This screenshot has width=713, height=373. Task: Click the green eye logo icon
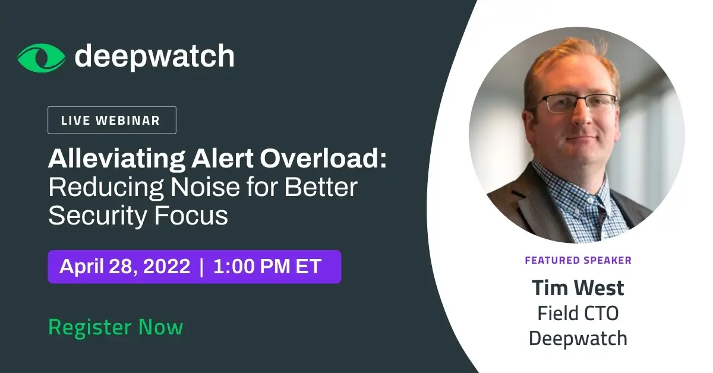tap(42, 58)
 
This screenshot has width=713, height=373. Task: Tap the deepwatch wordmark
tap(154, 56)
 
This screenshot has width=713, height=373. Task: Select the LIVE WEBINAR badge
tap(112, 120)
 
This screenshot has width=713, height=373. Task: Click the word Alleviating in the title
tap(116, 159)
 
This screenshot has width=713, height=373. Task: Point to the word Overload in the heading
tap(323, 158)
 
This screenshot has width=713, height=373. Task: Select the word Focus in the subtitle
tap(191, 216)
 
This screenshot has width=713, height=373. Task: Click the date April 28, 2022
tap(125, 266)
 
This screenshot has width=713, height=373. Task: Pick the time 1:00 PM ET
tap(267, 266)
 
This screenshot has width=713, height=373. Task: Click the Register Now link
tap(116, 327)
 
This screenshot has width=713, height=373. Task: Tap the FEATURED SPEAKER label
tap(578, 260)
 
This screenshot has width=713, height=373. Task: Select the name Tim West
tap(578, 287)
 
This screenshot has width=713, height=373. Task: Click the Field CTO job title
tap(578, 313)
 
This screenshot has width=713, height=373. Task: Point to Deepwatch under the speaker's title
tap(578, 338)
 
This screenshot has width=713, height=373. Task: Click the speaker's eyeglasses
tap(576, 103)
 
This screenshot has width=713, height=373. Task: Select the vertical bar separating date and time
tap(201, 267)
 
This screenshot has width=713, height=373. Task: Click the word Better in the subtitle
tap(321, 187)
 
